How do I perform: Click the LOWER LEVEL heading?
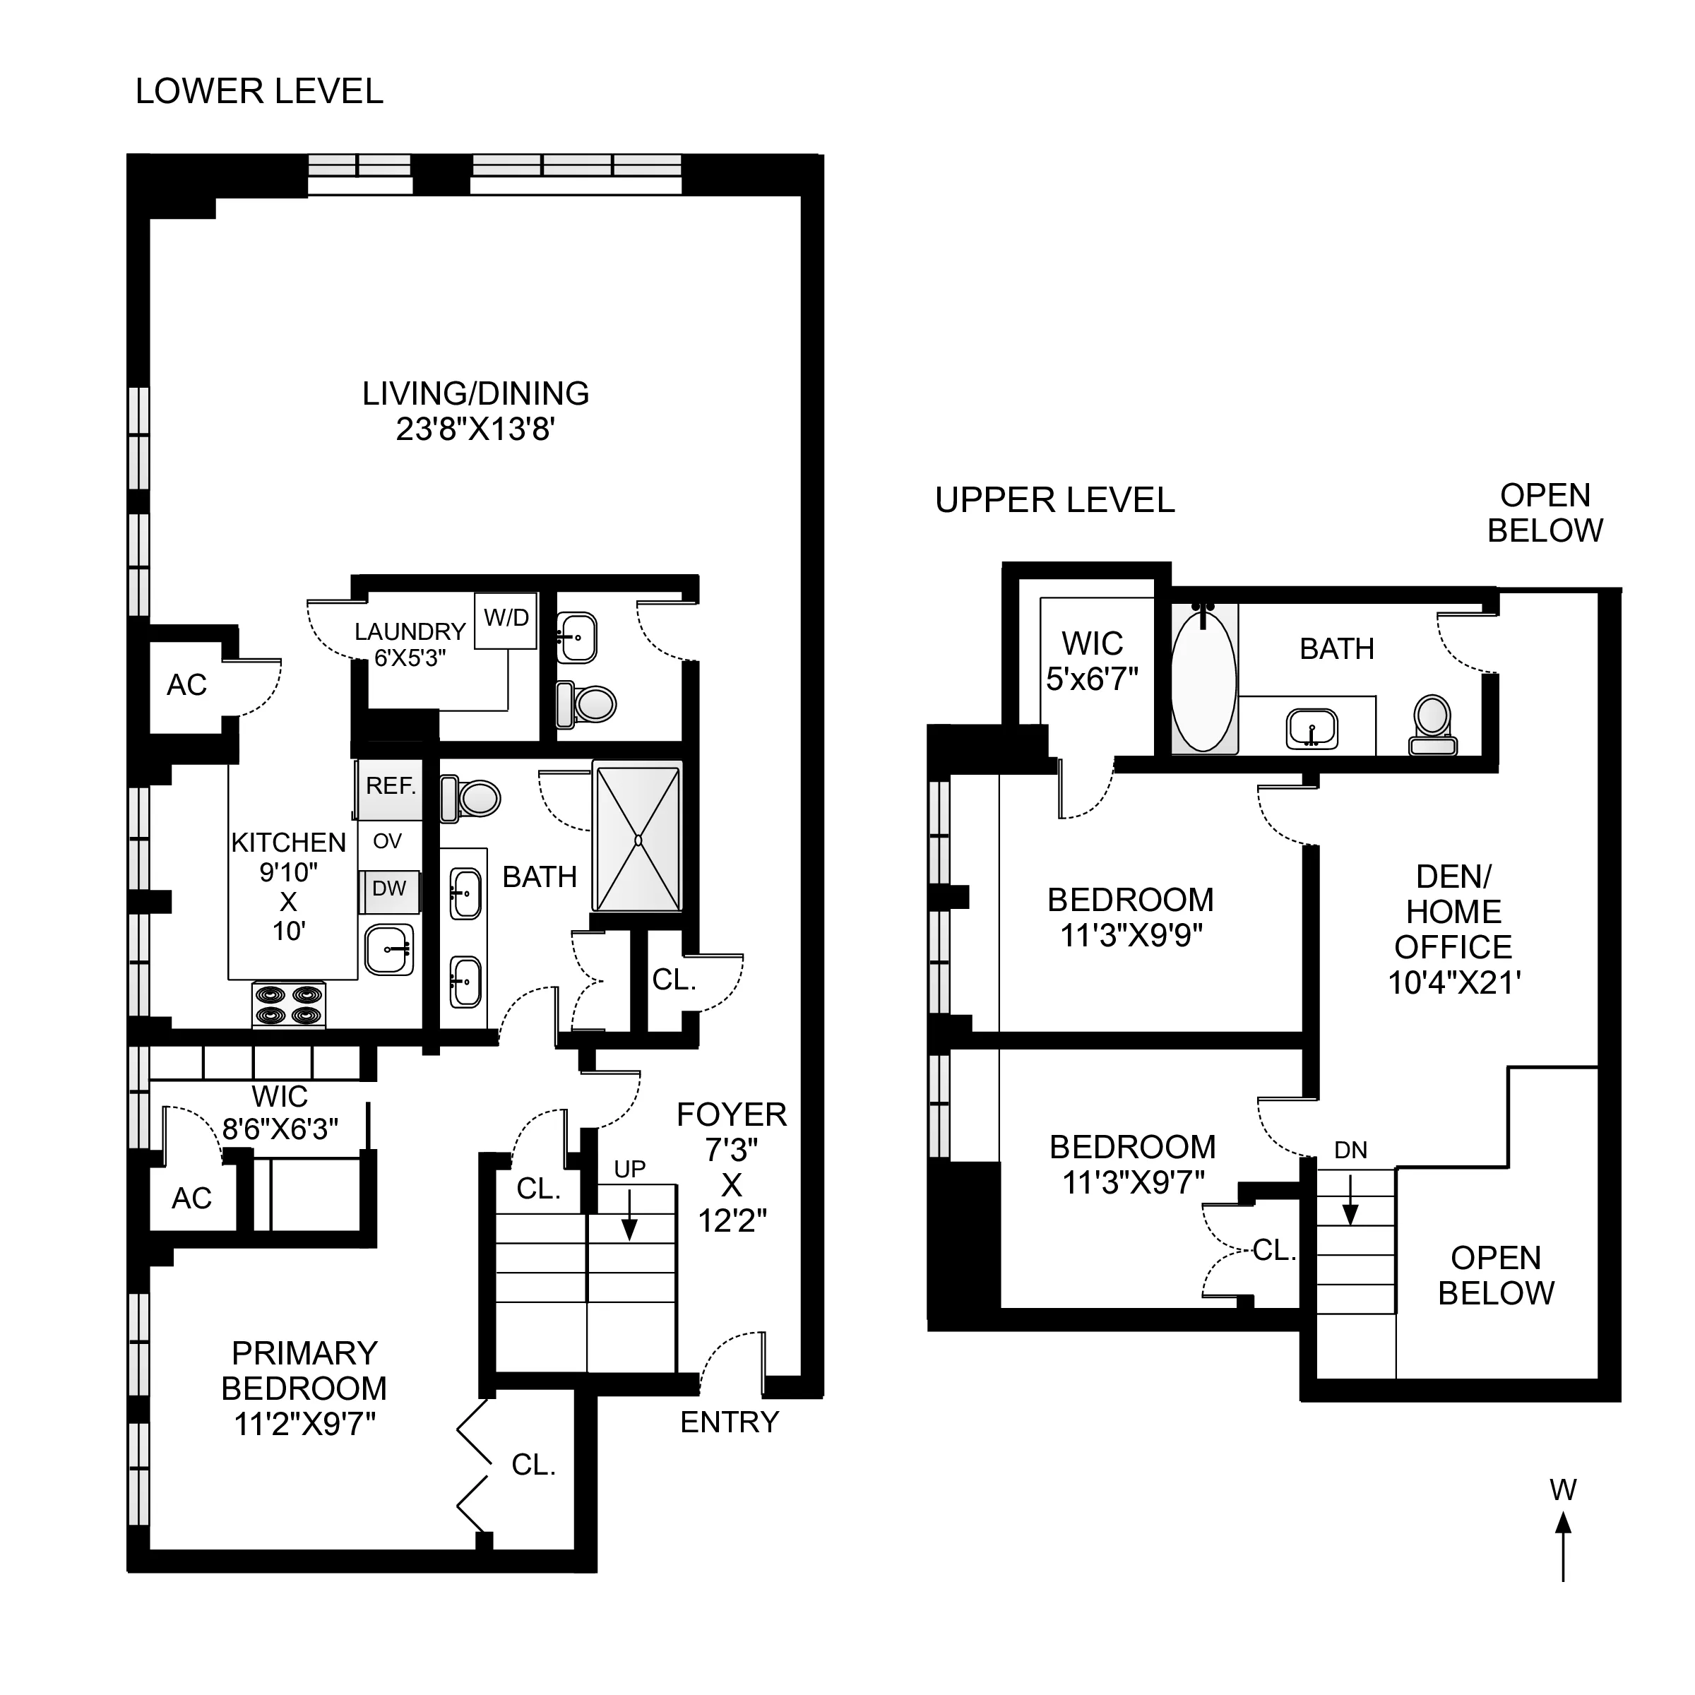[258, 92]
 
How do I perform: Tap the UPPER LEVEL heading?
[1054, 501]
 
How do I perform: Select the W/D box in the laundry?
[506, 619]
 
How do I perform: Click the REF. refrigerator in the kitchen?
[390, 787]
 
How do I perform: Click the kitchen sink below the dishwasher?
[388, 949]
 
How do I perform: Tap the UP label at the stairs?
[629, 1170]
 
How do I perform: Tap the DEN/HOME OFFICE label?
[1453, 912]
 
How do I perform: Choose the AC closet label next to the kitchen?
[187, 685]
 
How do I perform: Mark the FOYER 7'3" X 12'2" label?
[731, 1167]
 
